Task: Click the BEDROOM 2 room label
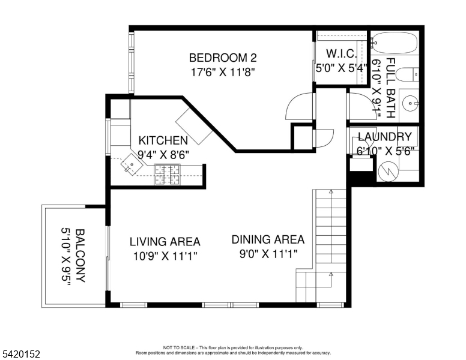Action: pyautogui.click(x=223, y=58)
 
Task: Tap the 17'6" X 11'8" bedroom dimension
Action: pyautogui.click(x=223, y=71)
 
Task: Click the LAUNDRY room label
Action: pyautogui.click(x=384, y=137)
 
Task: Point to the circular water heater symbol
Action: pyautogui.click(x=389, y=172)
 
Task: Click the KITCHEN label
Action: pyautogui.click(x=163, y=140)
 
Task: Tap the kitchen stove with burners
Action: pyautogui.click(x=168, y=174)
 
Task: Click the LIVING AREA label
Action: pyautogui.click(x=165, y=242)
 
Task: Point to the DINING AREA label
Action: pyautogui.click(x=268, y=239)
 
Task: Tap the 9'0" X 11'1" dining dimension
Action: pyautogui.click(x=268, y=254)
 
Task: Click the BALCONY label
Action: pyautogui.click(x=80, y=256)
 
